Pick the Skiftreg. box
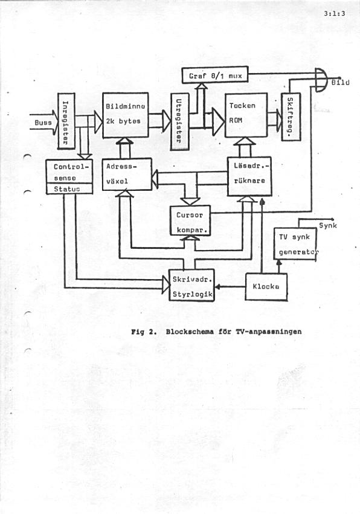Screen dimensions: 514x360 click(291, 117)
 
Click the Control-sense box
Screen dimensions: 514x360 click(69, 170)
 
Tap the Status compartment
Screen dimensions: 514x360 click(69, 188)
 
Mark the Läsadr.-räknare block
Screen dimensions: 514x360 click(249, 175)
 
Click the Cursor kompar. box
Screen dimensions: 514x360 click(191, 220)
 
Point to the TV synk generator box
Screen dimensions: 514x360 click(296, 244)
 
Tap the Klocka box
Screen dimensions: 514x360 click(266, 286)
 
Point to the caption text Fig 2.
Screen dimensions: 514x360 click(143, 331)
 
